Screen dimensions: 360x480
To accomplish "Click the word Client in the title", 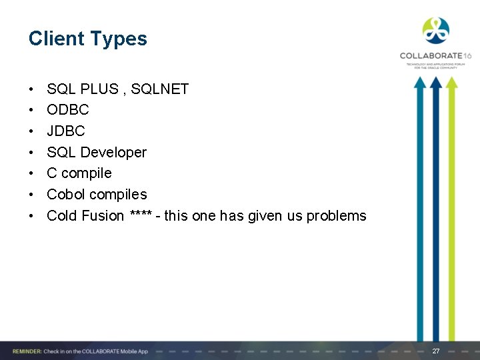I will coord(56,39).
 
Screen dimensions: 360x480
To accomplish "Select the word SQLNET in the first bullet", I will coord(160,89).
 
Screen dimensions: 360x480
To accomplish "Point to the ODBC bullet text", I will coord(67,109).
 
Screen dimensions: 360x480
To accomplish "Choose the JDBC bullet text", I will coord(65,131).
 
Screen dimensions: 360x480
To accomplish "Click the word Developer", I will coord(113,152).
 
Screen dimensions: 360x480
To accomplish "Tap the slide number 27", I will coord(436,351).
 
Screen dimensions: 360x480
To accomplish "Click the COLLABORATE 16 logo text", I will coord(435,56).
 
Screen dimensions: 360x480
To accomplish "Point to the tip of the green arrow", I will coord(452,81).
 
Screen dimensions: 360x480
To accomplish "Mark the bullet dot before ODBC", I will coord(31,110).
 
